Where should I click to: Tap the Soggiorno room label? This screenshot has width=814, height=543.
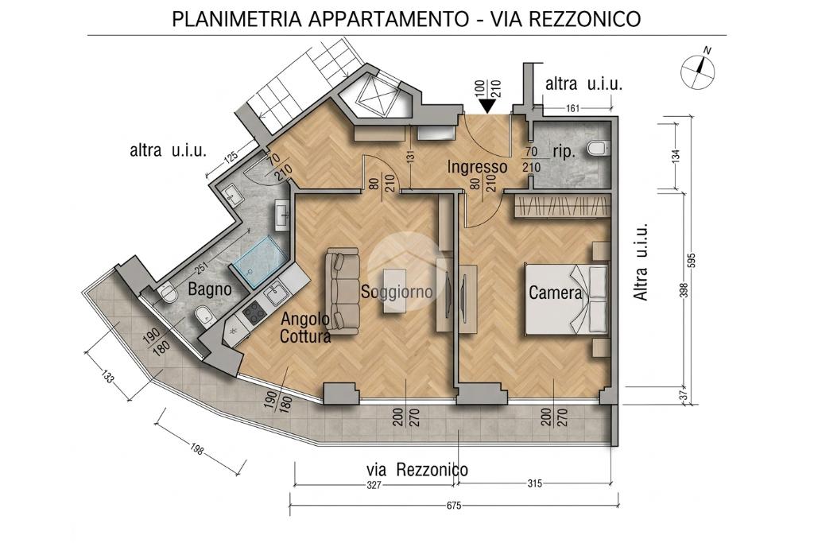coord(397,292)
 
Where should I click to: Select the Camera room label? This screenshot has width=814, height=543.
coord(556,293)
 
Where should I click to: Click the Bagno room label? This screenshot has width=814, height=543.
coord(210,289)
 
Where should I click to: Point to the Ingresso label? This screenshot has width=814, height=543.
coord(477,167)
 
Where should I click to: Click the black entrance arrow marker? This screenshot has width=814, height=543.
coord(487,106)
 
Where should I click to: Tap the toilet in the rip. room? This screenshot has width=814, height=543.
coord(598,148)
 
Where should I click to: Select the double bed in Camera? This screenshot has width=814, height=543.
coord(567,300)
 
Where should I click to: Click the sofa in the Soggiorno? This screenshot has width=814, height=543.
coord(343,291)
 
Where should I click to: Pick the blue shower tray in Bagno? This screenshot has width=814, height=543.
coord(260,262)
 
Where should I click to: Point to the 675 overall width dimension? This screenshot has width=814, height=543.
coord(453,505)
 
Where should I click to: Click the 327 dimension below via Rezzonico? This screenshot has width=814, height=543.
coord(374,485)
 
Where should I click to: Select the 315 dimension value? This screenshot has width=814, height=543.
coord(534,483)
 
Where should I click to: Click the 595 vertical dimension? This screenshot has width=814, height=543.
coord(690,259)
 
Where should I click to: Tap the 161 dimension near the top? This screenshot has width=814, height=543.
coord(572,108)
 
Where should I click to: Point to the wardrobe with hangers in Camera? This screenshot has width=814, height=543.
coord(561,207)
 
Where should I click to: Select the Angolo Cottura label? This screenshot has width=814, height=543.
coord(305,328)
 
